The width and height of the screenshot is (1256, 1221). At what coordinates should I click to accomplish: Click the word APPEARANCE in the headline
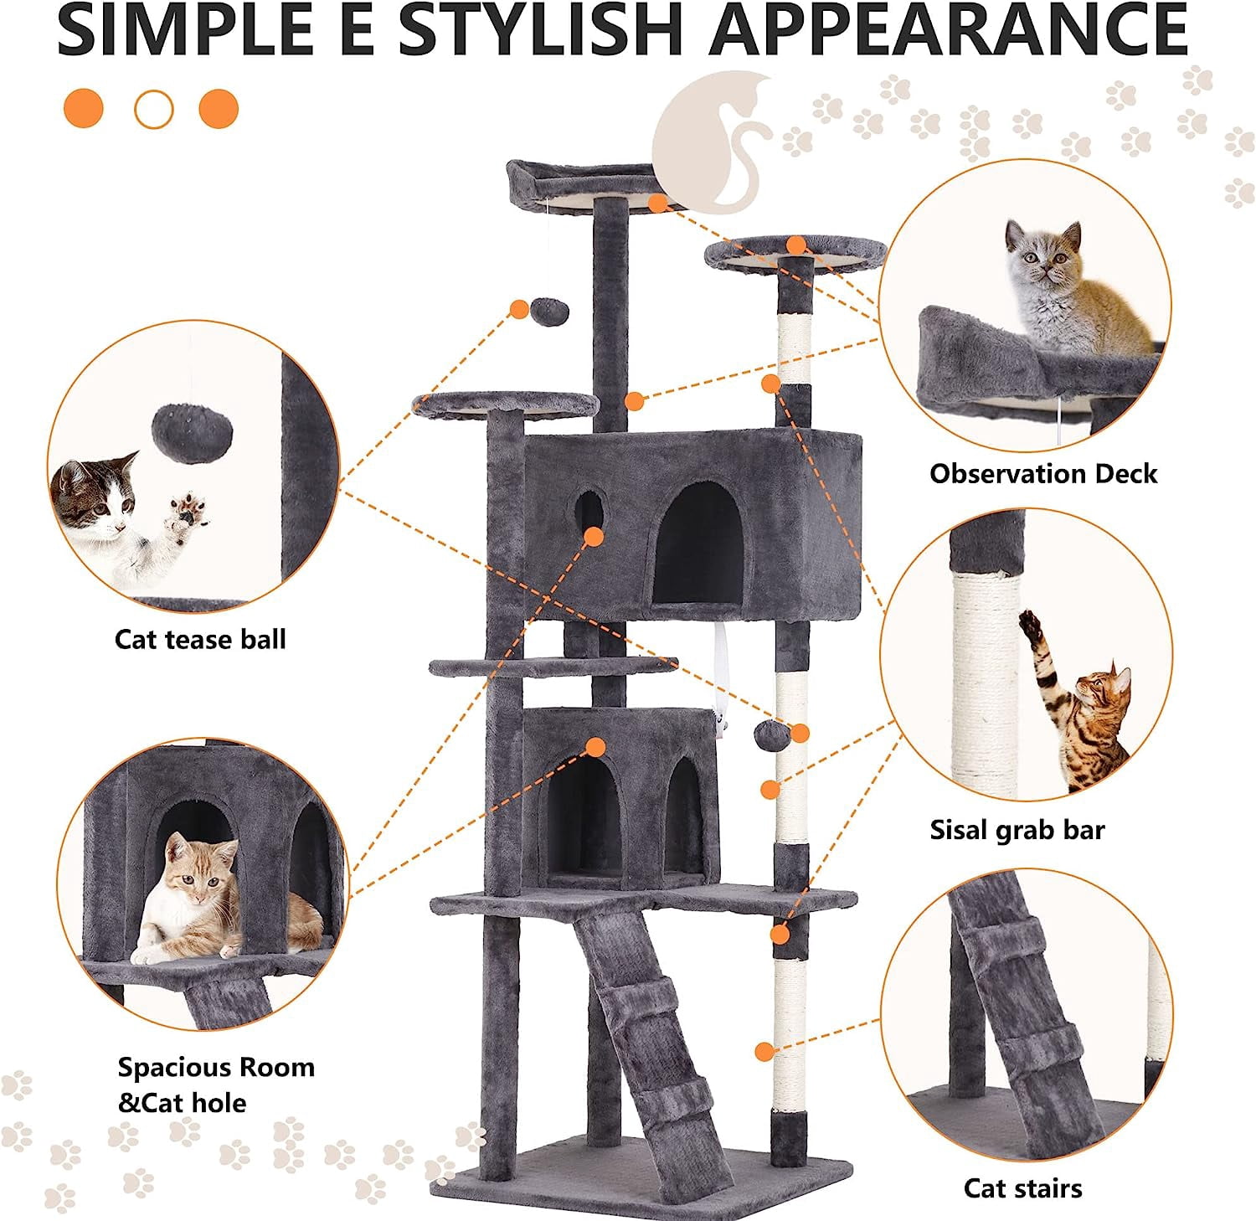pyautogui.click(x=950, y=31)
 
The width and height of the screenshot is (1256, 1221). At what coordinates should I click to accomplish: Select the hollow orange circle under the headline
pyautogui.click(x=153, y=109)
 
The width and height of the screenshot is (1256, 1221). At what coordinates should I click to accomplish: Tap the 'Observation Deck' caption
pyautogui.click(x=1043, y=474)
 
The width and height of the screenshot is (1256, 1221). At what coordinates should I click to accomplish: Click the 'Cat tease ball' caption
pyautogui.click(x=200, y=640)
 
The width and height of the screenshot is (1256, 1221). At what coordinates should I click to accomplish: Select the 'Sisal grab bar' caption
pyautogui.click(x=1017, y=830)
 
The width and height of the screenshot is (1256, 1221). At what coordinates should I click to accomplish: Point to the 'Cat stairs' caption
pyautogui.click(x=1022, y=1188)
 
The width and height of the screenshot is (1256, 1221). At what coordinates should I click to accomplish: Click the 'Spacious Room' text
pyautogui.click(x=216, y=1068)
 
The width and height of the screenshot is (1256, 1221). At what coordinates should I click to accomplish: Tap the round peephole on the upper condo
pyautogui.click(x=589, y=511)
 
